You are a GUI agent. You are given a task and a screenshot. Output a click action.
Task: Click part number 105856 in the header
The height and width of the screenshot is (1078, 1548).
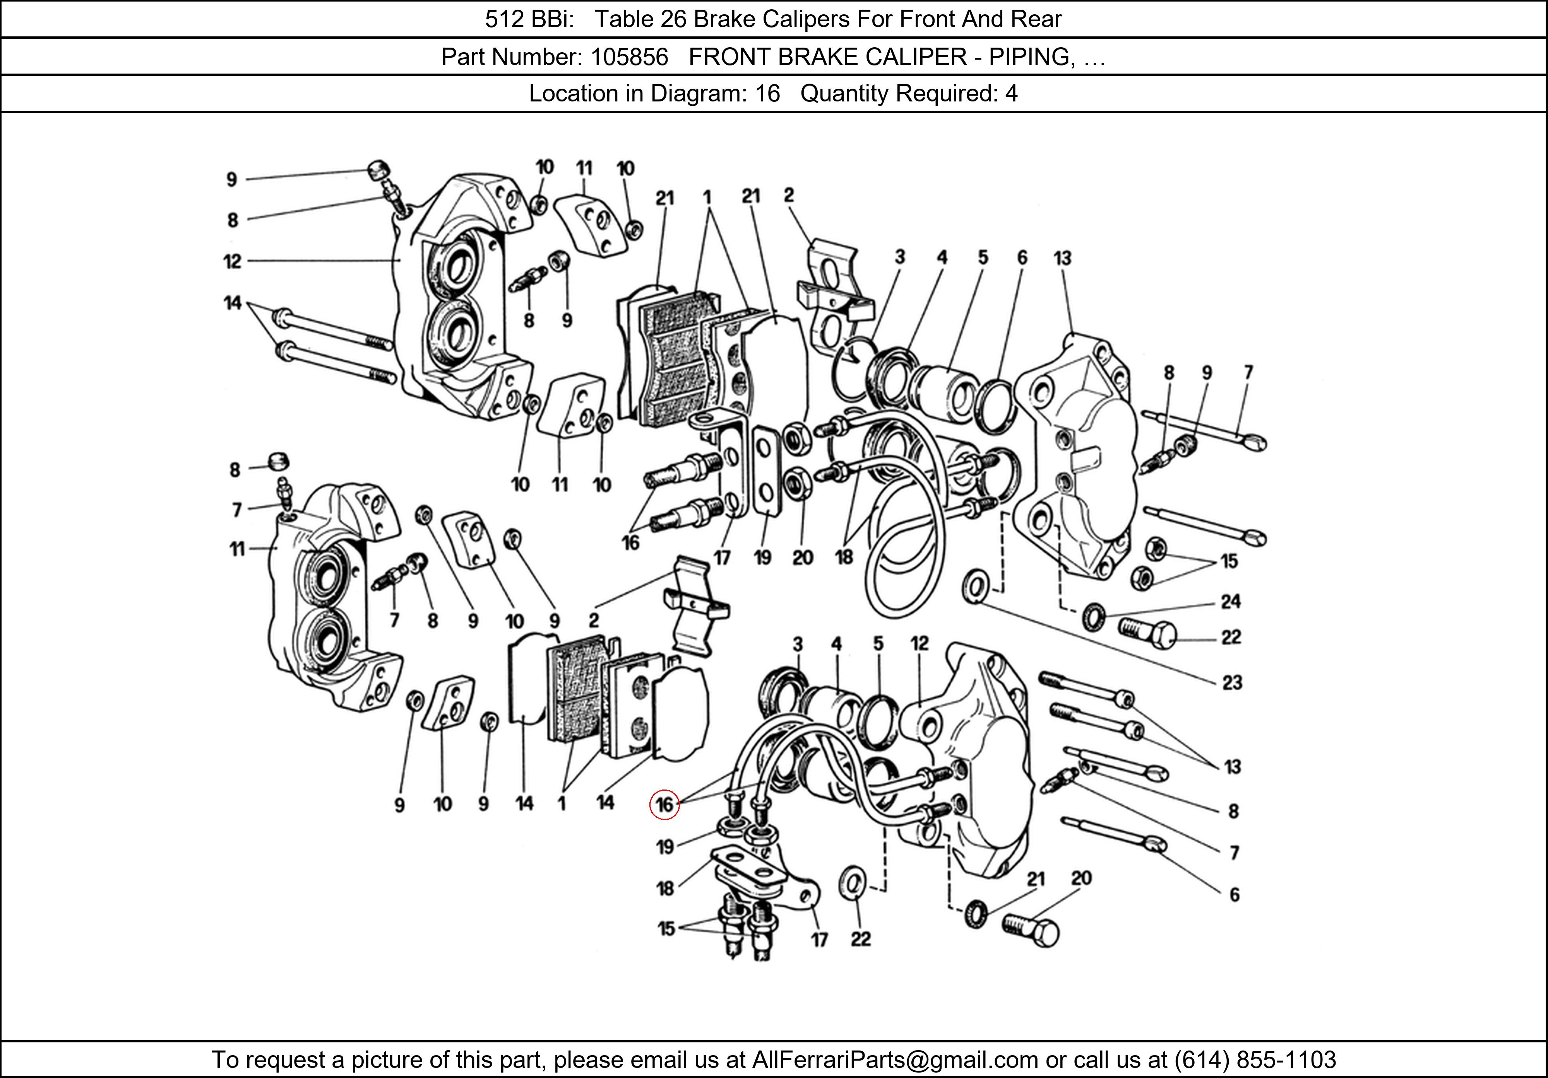(x=628, y=57)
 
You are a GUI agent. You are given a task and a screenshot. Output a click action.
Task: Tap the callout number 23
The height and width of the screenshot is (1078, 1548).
(x=1232, y=683)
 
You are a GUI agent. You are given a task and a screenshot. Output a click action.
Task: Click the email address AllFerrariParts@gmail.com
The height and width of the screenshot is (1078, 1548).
(x=895, y=1060)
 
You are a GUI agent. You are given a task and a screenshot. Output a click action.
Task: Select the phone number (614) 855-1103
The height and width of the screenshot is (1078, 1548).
(x=1255, y=1060)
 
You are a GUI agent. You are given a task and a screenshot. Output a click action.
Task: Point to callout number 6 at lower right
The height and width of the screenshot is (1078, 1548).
(x=1234, y=894)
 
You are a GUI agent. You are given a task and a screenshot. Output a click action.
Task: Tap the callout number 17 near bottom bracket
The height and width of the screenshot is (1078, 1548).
(x=819, y=939)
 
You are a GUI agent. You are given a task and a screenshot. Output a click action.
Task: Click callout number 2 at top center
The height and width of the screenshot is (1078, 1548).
(x=789, y=196)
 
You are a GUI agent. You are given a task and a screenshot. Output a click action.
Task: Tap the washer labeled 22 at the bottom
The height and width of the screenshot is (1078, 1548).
(x=851, y=884)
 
